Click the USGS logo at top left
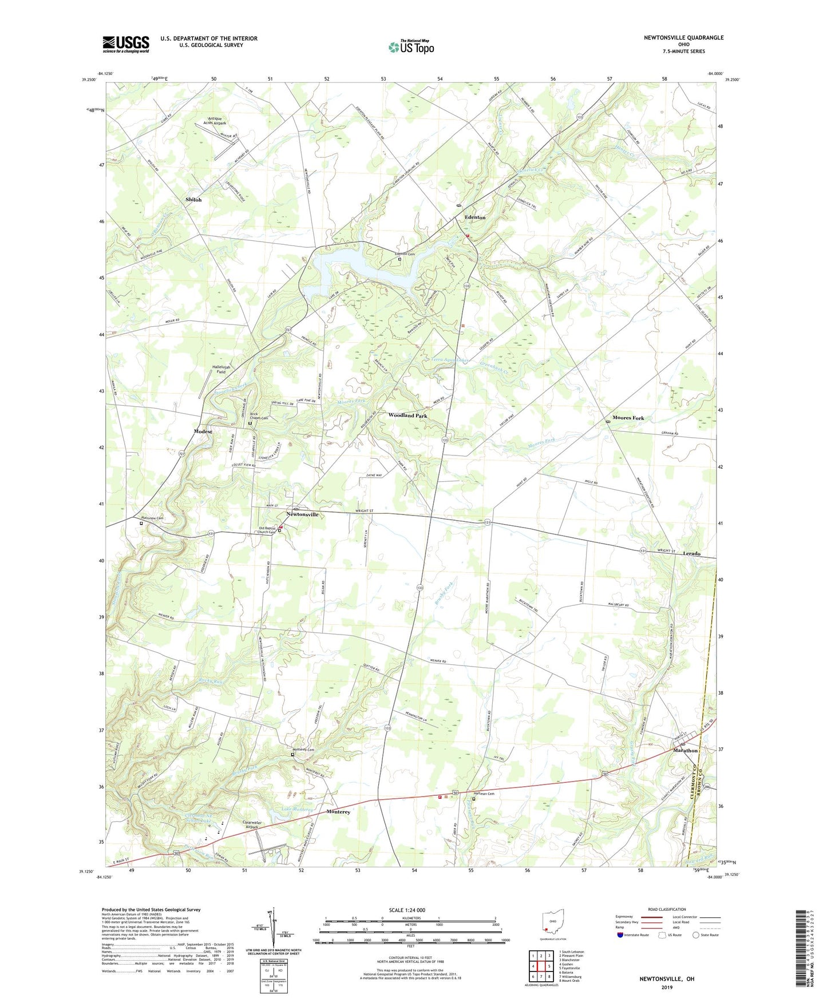125,44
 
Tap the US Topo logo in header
411,47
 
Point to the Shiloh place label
193,200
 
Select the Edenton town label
474,217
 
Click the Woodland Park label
407,415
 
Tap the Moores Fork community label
628,418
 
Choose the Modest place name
203,431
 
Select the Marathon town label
685,750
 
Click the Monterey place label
338,812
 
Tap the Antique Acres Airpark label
215,121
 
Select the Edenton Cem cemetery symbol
400,259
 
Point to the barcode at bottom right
803,950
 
